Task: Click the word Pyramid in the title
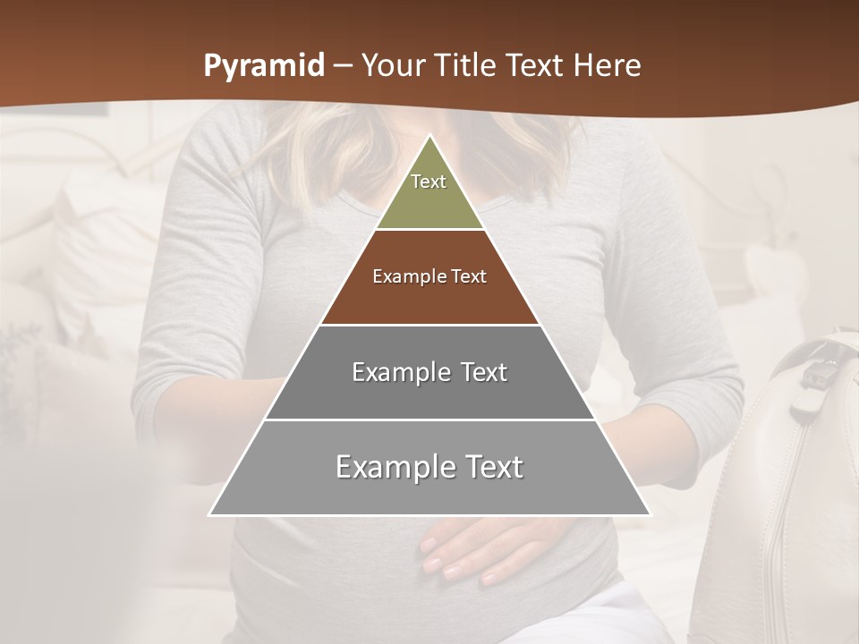[263, 66]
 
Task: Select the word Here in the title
[607, 66]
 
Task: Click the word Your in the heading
[395, 66]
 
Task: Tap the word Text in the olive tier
[429, 182]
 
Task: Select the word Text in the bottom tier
[492, 467]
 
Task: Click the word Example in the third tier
[399, 372]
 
